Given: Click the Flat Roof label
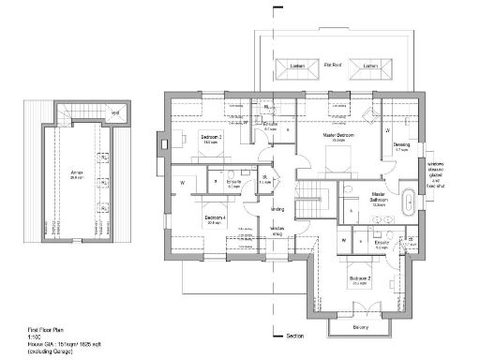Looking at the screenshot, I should coord(332,66).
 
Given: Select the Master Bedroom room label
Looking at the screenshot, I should coord(337,136).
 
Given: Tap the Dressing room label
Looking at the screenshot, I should coord(401,144).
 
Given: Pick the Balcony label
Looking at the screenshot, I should coord(361,327).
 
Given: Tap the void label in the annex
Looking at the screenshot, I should coord(115,113).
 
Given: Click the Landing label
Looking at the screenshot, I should coord(277,209).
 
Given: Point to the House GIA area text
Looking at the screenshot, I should coord(62,345).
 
